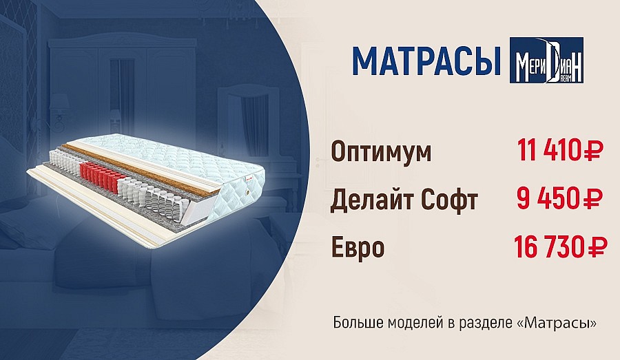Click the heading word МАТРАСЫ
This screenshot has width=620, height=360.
426,61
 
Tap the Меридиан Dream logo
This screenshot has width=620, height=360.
546,60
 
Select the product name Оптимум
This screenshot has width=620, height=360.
381,152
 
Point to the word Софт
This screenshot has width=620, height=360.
449,200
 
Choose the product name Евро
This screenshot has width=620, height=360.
358,247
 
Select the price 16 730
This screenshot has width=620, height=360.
548,246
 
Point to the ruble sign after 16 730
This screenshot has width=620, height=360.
595,246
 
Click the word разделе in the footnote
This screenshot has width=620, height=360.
486,324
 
